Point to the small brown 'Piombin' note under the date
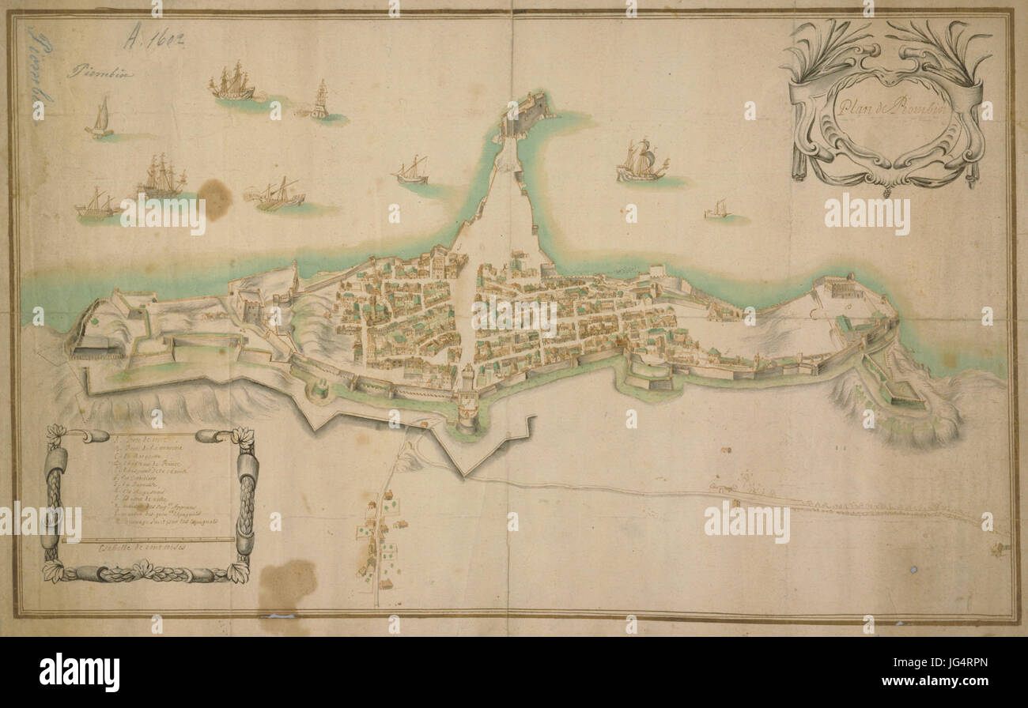point(100,74)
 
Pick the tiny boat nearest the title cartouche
point(717,209)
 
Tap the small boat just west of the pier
point(412,171)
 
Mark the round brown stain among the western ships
point(214,198)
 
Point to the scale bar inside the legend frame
point(148,540)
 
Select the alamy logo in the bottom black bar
point(80,672)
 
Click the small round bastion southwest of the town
point(319,390)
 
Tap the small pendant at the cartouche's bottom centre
point(886,190)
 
